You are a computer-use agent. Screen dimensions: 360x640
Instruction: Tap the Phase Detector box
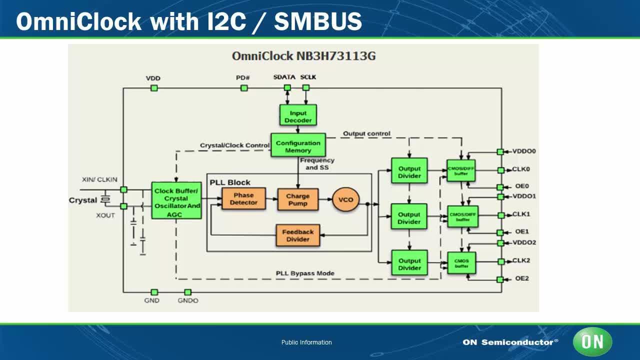(243, 199)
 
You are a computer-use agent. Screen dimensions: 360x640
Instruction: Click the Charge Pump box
(298, 199)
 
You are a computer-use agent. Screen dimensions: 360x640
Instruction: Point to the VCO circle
(345, 199)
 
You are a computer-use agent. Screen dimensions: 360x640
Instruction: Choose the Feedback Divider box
(298, 235)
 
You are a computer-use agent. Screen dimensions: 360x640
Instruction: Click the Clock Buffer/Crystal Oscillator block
(176, 201)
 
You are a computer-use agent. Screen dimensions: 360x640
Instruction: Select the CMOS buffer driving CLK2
(461, 263)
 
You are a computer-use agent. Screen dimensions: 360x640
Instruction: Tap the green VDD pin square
(154, 88)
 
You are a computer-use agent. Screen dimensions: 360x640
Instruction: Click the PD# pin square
(244, 88)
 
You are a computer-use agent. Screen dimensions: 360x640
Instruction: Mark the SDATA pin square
(287, 88)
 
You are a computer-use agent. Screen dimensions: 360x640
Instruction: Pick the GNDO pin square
(187, 292)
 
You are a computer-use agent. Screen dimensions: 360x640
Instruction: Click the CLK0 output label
(521, 169)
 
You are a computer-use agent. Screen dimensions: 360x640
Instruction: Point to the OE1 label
(521, 231)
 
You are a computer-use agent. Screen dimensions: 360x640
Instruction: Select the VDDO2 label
(524, 242)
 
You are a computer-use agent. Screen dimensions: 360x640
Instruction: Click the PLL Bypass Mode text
(305, 273)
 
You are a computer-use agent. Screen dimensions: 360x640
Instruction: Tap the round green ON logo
(592, 342)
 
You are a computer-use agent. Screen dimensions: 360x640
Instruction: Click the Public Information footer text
(306, 342)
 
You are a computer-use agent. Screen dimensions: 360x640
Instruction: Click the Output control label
(366, 134)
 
